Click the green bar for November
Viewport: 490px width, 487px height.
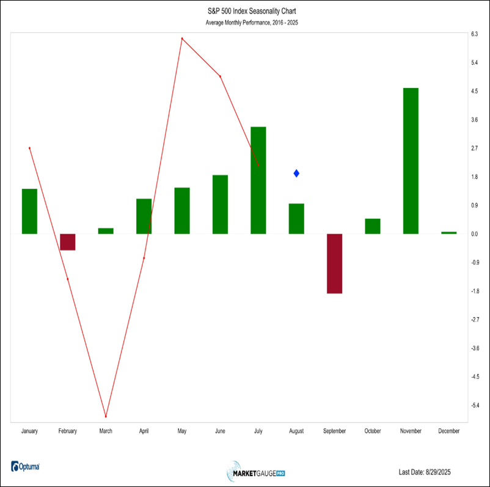coord(411,161)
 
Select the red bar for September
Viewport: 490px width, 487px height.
coord(334,263)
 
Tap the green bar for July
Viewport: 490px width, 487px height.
coord(258,180)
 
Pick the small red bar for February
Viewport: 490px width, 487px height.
coord(67,242)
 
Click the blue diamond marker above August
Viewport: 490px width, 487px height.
coord(296,174)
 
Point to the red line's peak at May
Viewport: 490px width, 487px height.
coord(182,38)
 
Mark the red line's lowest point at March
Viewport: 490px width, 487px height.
coord(106,417)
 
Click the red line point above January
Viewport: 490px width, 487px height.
coord(29,148)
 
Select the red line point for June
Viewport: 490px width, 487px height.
coord(220,76)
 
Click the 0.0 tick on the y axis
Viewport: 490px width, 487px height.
coord(474,234)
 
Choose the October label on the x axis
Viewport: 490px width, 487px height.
coord(373,431)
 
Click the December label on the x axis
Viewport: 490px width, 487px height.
coord(449,431)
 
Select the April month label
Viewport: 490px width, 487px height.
coord(144,431)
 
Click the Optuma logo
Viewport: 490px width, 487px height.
coord(26,467)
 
